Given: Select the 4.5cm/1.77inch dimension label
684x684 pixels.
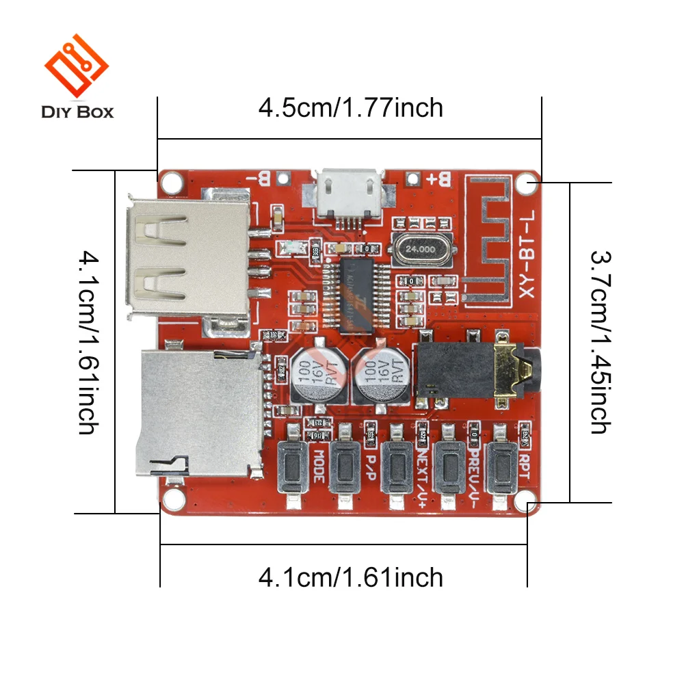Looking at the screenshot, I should click(x=350, y=108).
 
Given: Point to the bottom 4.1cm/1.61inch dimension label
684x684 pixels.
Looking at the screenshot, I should click(x=350, y=578).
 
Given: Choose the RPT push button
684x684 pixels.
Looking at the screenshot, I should click(x=503, y=466).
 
